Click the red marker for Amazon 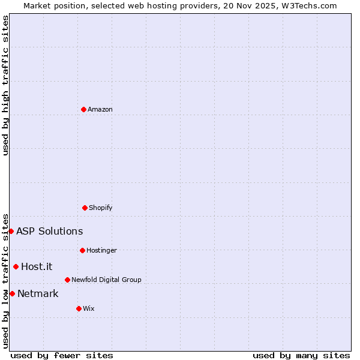tap(83, 109)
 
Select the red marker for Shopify tap(85, 208)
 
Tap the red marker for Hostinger tap(82, 250)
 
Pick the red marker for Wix tap(79, 308)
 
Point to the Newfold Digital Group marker tap(67, 280)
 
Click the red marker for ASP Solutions tap(11, 231)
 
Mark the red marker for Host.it tap(16, 266)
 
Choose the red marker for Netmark tap(12, 293)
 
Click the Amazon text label tap(100, 109)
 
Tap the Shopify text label tap(100, 208)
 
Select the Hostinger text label tap(101, 250)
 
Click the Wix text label tap(88, 308)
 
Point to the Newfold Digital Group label tap(106, 280)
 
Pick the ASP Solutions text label tap(49, 232)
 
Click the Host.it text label tap(37, 267)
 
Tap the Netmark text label tap(38, 294)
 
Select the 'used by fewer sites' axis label tap(61, 355)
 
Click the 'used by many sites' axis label tap(301, 355)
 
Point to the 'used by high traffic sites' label tap(5, 85)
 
